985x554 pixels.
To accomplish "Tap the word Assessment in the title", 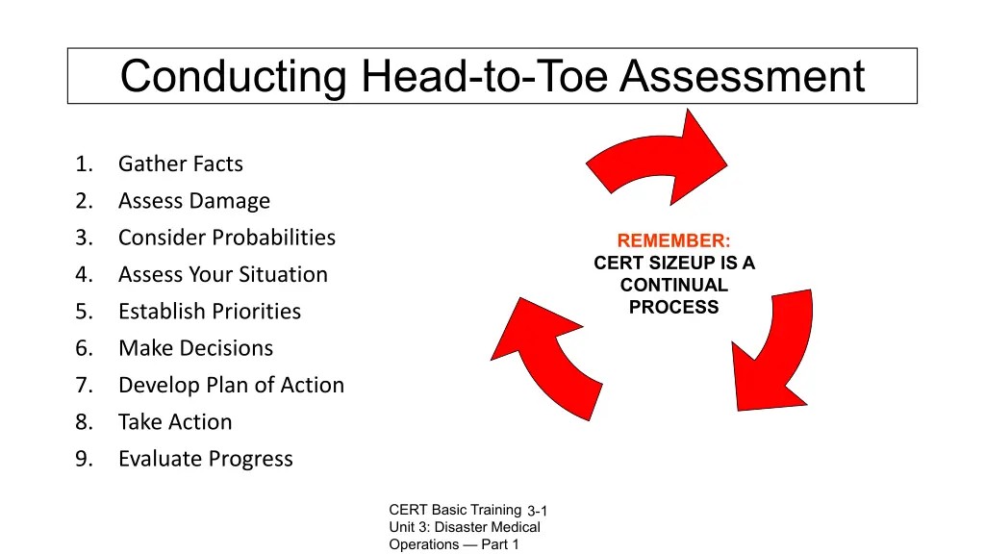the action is click(x=743, y=76).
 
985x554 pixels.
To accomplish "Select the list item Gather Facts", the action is click(x=180, y=164).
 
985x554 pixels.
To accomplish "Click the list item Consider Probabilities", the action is click(x=227, y=238).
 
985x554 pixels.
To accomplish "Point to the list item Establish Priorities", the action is click(x=210, y=311).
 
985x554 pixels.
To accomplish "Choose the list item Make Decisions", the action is click(x=196, y=348).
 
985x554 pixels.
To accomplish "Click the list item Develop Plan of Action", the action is click(x=231, y=385).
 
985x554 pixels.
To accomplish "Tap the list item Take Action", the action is click(x=175, y=421).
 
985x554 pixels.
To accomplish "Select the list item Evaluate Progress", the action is click(x=206, y=459).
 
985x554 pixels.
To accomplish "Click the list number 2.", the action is click(x=84, y=201).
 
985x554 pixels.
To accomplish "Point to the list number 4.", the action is click(x=84, y=274).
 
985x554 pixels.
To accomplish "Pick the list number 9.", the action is click(x=84, y=459).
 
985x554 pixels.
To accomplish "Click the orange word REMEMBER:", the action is click(x=673, y=240).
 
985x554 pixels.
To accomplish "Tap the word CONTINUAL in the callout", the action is click(x=674, y=285).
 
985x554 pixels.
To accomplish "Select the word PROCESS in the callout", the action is click(x=673, y=307).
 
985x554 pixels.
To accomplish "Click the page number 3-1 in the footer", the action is click(x=537, y=512).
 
